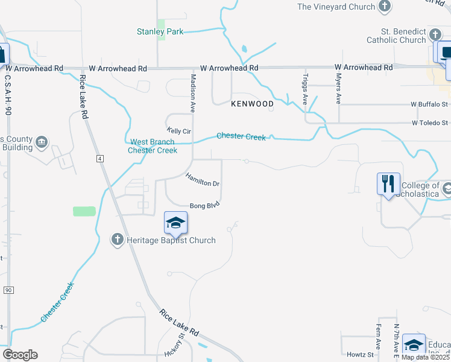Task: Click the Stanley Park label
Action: coord(160,31)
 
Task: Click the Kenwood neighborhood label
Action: coord(252,104)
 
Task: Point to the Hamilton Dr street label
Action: coord(202,179)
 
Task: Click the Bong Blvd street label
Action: coord(204,206)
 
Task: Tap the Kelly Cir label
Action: coord(178,130)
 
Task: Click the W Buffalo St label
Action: coord(430,104)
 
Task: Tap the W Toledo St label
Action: coord(431,122)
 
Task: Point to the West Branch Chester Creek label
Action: coord(153,146)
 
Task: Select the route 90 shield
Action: coord(8,290)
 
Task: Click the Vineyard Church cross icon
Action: coord(384,7)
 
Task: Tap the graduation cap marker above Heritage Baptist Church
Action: coord(175,223)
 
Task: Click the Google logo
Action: coord(20,355)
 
